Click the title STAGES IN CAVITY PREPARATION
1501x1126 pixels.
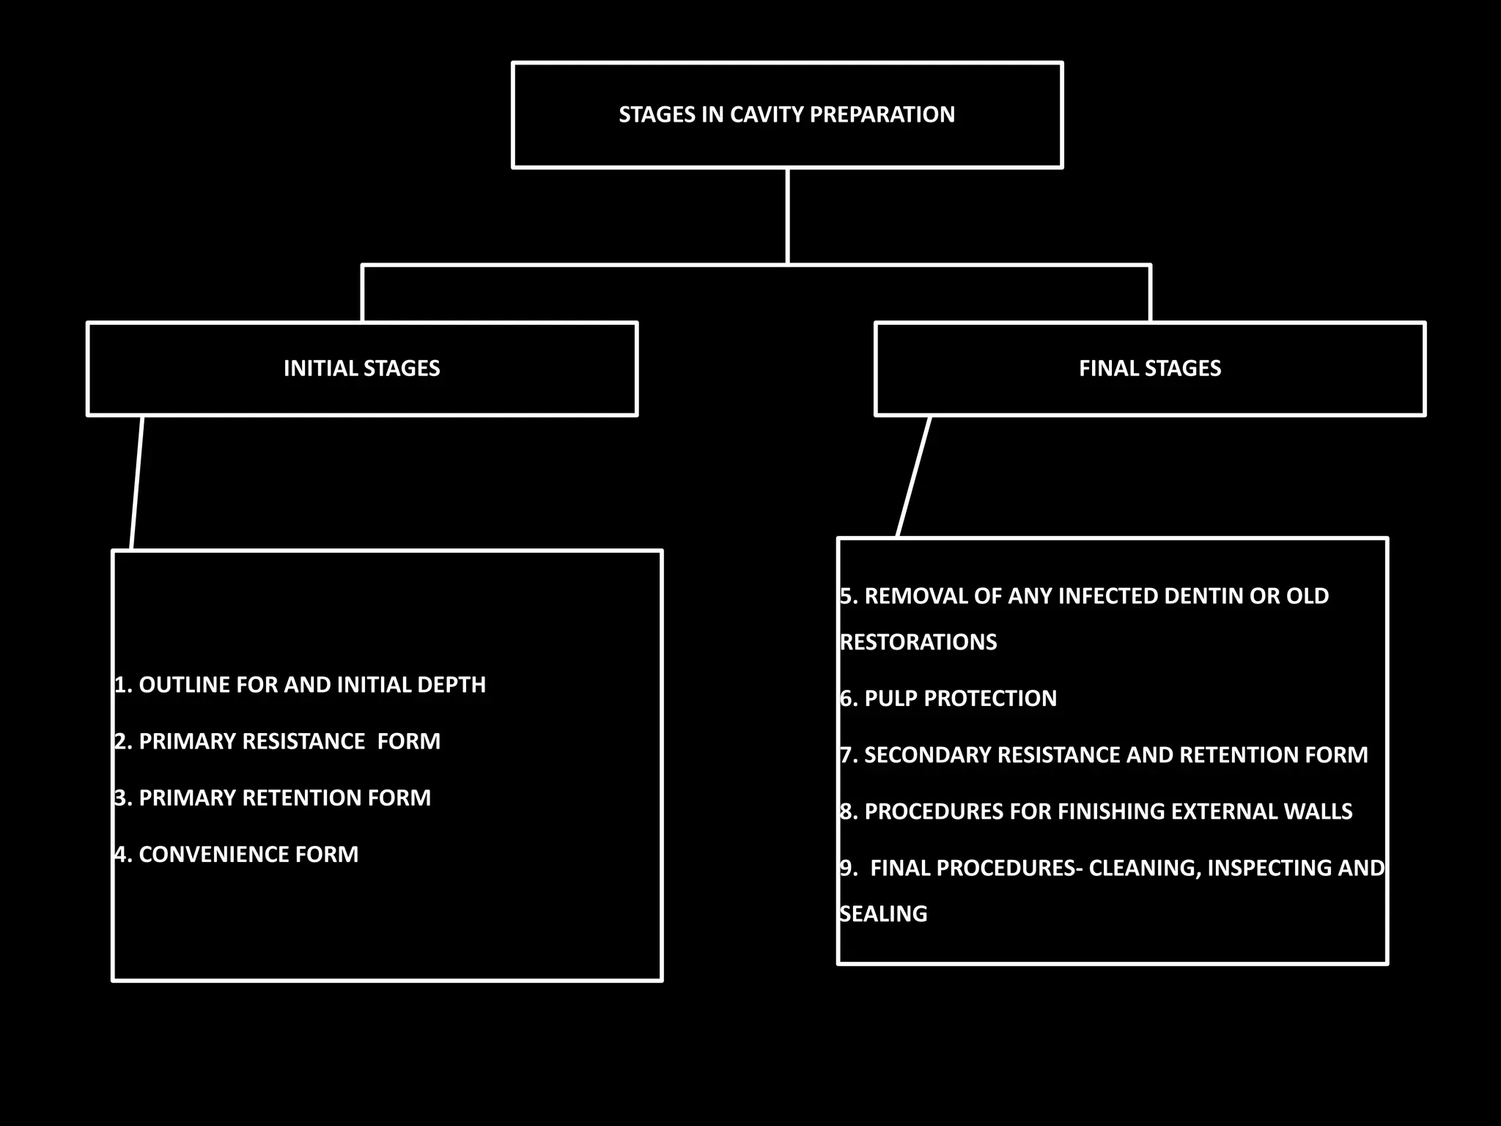[x=786, y=114]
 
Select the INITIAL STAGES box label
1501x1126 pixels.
[x=361, y=368]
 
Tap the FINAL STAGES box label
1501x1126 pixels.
[x=1149, y=368]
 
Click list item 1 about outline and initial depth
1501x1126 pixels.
[x=300, y=685]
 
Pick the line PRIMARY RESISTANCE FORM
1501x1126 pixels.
[x=279, y=741]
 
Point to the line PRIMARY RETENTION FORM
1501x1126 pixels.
[x=273, y=798]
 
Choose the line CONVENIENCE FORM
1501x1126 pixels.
[x=237, y=854]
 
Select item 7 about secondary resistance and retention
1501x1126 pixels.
[x=1104, y=754]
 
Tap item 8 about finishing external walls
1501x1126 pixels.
[x=1096, y=811]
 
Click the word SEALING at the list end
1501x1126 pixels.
[x=883, y=913]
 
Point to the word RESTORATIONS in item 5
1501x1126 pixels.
[x=918, y=641]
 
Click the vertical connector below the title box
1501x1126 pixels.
[x=787, y=216]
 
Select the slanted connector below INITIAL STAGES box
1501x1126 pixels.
[x=136, y=482]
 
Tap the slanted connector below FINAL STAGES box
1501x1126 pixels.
[x=914, y=476]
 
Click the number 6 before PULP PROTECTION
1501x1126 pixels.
[x=847, y=698]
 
